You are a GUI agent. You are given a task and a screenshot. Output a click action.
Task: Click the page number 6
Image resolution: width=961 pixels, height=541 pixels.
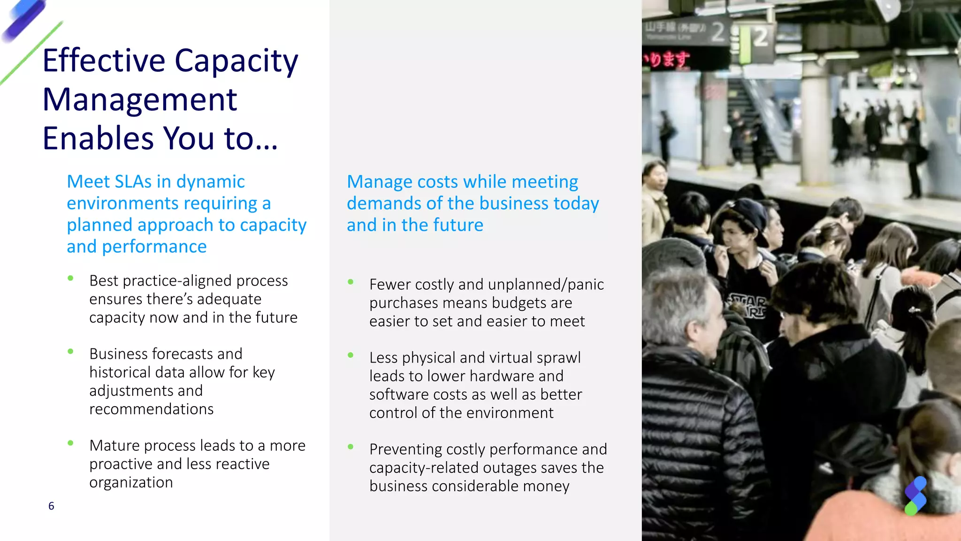click(x=51, y=506)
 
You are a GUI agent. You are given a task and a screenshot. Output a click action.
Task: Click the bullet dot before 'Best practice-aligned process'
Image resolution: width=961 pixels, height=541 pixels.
click(x=70, y=278)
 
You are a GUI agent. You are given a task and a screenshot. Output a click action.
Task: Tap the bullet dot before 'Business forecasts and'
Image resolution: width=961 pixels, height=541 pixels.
click(x=70, y=351)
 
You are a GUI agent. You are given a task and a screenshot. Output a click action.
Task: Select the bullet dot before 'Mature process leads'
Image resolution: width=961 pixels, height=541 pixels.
click(x=70, y=443)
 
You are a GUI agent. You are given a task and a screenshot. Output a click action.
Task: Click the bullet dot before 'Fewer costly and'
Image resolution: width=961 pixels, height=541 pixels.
click(x=351, y=282)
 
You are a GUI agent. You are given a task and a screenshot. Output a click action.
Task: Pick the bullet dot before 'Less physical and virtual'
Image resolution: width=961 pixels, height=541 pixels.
click(x=351, y=355)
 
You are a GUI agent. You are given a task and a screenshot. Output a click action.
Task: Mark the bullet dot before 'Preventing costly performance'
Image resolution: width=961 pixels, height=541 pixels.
click(x=351, y=447)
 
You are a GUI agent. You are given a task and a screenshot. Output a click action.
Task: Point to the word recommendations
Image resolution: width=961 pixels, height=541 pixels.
click(x=151, y=409)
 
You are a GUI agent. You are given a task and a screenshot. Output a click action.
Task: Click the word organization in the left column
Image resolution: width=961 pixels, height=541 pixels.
click(x=131, y=482)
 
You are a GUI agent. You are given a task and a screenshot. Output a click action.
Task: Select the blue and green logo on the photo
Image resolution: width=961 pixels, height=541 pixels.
click(x=915, y=496)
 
